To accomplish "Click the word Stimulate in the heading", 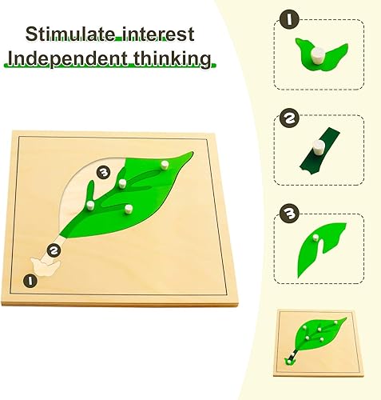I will [x=68, y=34].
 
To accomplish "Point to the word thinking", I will [x=174, y=59].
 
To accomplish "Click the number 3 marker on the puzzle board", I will [x=101, y=171].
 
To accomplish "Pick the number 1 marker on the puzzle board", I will [x=30, y=280].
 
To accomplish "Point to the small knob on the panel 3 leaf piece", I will [x=317, y=238].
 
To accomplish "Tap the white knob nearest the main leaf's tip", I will [x=165, y=166].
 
